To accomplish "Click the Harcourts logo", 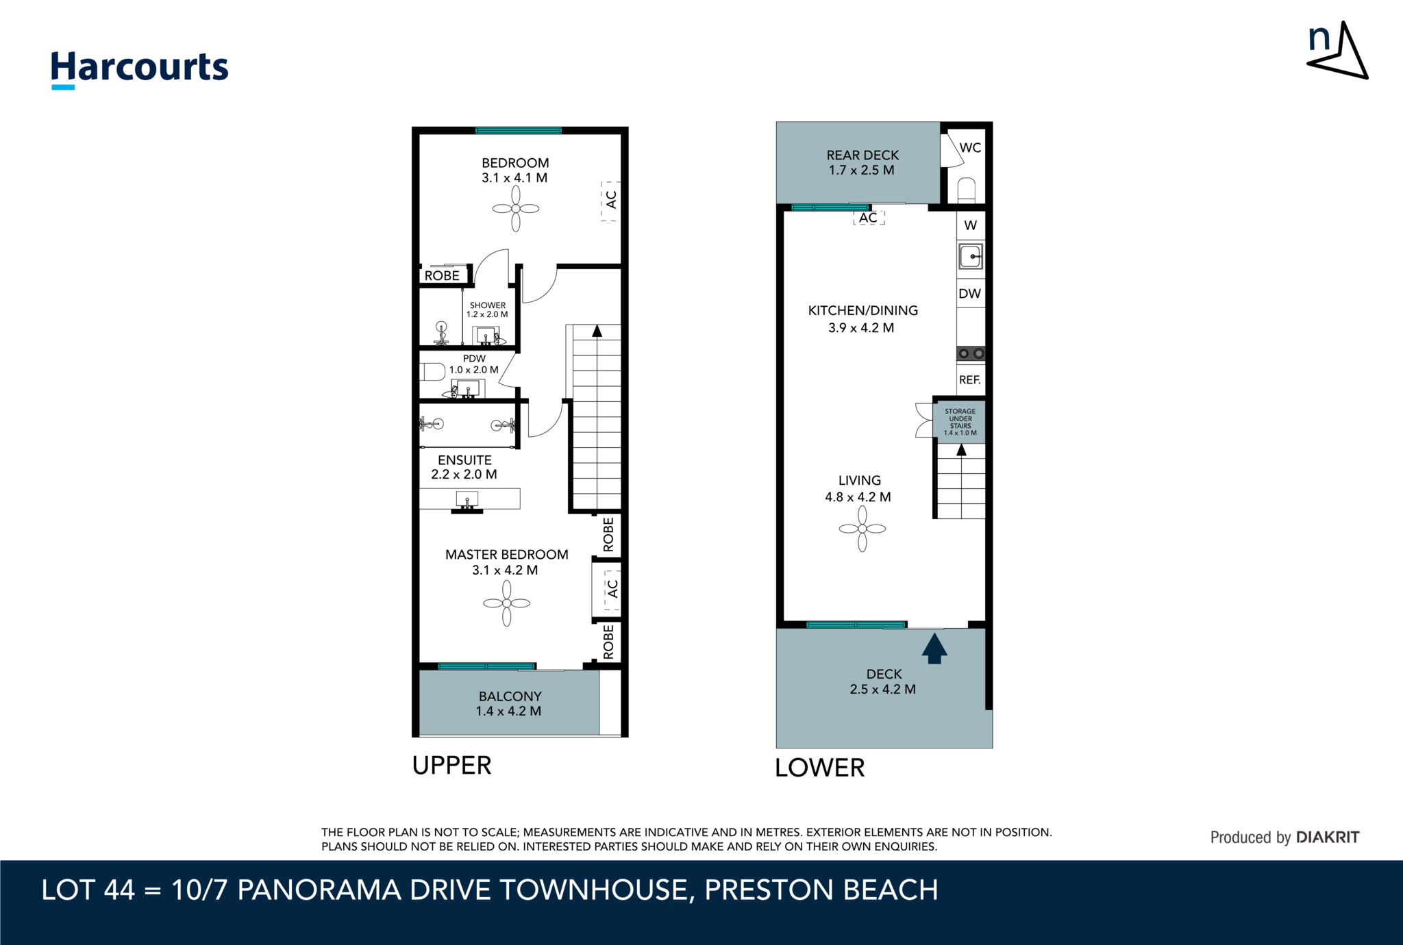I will pos(139,68).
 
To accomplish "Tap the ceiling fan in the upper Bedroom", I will pos(516,209).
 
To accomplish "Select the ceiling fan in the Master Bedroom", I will pos(507,603).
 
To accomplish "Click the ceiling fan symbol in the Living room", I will pos(862,529).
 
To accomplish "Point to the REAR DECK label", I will pos(862,155).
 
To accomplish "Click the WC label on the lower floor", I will pos(970,148).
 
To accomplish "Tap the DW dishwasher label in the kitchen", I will pos(970,294).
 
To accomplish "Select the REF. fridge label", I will pos(970,380).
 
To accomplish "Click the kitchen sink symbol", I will pos(971,257).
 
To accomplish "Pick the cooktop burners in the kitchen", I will pos(971,353).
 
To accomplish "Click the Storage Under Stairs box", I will pos(960,422).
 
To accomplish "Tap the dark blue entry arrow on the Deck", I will pos(934,648).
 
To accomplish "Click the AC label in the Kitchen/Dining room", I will pos(868,218).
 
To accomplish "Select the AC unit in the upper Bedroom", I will pos(610,200).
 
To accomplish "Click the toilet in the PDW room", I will pos(432,372).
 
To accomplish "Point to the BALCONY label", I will pos(510,696).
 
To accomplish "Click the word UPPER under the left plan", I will pos(451,766).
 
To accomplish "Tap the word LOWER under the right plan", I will pos(819,768).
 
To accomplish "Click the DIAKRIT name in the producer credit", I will pos(1328,837).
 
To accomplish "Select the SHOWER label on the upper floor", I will pos(487,305).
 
